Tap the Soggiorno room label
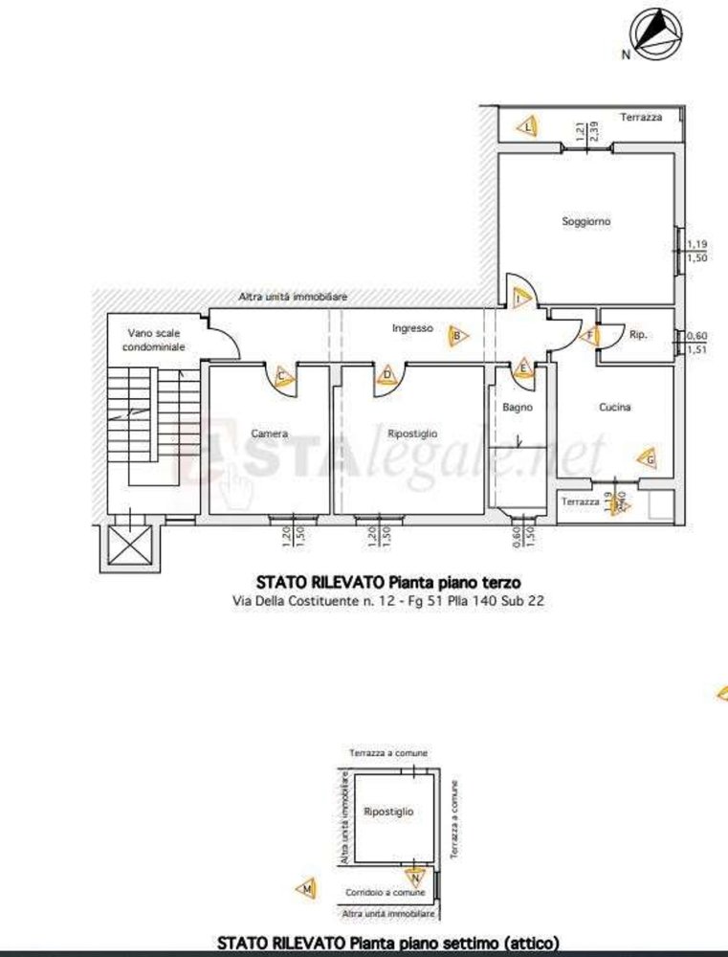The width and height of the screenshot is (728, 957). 585,221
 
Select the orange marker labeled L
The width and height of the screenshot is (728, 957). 527,124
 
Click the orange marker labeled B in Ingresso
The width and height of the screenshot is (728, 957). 458,336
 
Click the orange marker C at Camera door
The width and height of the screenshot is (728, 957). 282,377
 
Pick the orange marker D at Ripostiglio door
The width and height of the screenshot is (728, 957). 387,374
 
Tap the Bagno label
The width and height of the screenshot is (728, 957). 517,407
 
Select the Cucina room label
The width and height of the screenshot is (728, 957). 614,407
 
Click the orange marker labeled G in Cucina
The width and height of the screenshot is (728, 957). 649,459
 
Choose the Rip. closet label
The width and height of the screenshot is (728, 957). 639,335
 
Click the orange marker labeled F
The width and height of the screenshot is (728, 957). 589,335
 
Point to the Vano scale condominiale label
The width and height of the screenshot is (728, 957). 156,340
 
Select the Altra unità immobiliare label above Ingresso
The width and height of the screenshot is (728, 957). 292,298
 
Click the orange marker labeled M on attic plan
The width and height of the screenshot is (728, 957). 307,890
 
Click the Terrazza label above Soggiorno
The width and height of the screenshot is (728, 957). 640,117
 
